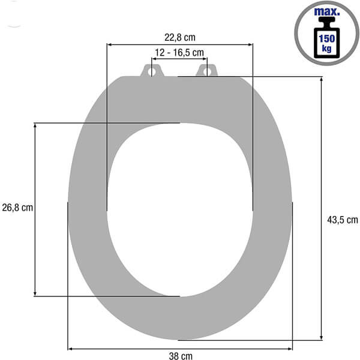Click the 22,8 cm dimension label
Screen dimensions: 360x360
180,37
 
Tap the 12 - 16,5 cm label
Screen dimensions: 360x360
179,53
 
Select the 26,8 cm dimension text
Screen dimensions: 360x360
17,208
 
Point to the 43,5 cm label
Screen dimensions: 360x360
343,220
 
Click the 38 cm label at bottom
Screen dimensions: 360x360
181,356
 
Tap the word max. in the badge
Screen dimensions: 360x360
327,12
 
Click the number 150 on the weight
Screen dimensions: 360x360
327,38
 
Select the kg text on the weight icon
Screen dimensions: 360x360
327,49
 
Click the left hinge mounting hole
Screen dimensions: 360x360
151,71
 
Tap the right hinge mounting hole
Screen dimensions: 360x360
206,71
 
